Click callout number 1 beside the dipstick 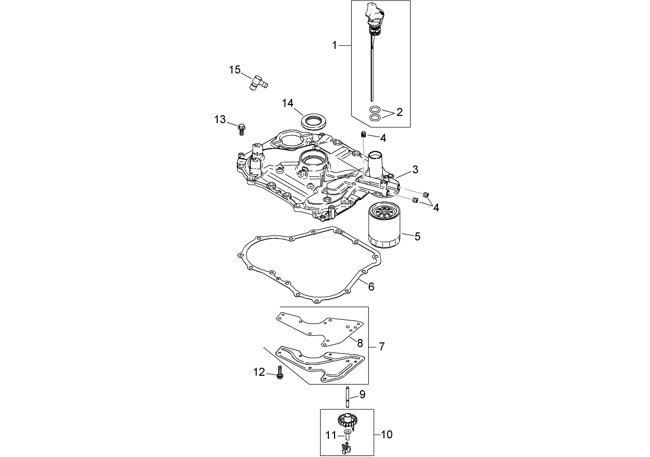click(x=335, y=46)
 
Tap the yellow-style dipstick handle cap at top click(x=373, y=13)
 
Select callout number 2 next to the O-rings click(x=399, y=112)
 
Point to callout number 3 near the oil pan click(x=415, y=169)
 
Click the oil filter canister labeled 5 click(x=385, y=226)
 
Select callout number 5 click(x=417, y=237)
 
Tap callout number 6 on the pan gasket click(x=371, y=286)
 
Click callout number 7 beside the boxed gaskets click(x=382, y=346)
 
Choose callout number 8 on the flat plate click(x=360, y=342)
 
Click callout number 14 click(x=288, y=103)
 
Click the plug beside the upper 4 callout click(x=364, y=135)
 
